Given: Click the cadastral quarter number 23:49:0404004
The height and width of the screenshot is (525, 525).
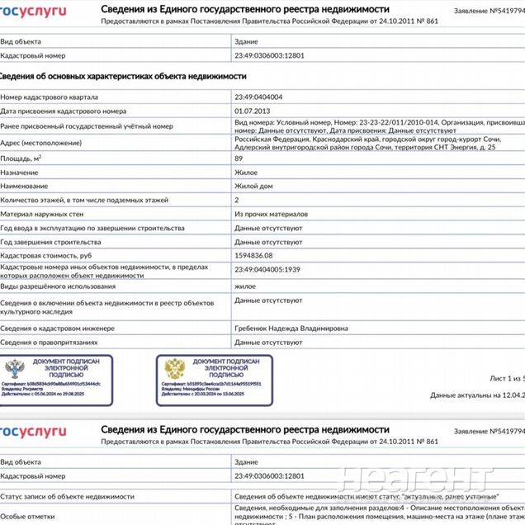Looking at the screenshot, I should pyautogui.click(x=258, y=97).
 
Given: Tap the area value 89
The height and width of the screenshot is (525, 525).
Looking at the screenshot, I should pyautogui.click(x=239, y=158).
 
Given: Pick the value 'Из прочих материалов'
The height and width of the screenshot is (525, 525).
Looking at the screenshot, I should pyautogui.click(x=271, y=214).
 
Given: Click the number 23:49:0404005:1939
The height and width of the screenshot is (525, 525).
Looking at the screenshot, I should pyautogui.click(x=267, y=270).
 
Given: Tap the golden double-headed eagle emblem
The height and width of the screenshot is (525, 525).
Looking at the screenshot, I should pyautogui.click(x=175, y=368).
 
